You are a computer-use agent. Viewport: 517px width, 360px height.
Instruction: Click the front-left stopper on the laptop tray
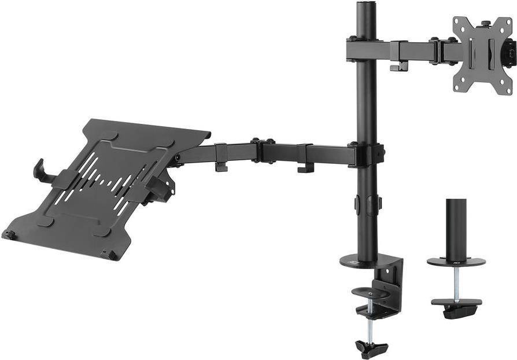(9, 234)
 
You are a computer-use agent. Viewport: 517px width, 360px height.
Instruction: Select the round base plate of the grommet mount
(456, 262)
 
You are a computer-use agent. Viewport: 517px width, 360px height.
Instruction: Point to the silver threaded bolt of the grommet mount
(456, 284)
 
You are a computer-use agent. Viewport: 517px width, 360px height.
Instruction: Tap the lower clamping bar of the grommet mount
(456, 303)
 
